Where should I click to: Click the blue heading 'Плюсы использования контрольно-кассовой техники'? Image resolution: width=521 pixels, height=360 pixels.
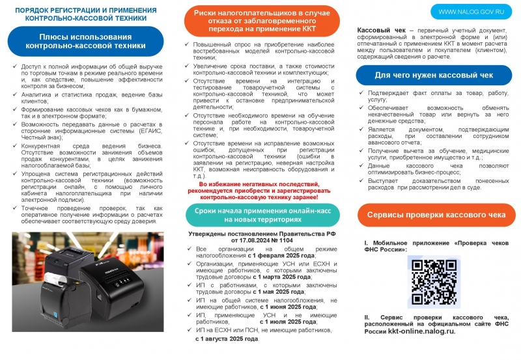point(85,41)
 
